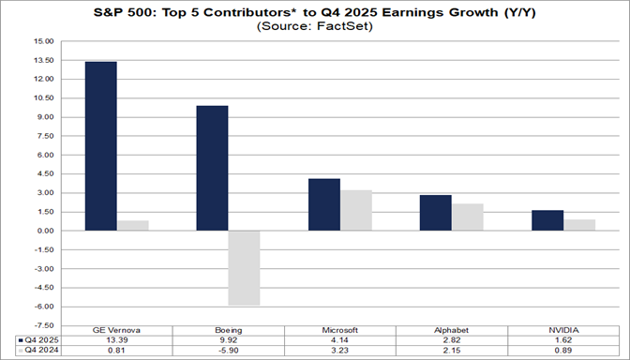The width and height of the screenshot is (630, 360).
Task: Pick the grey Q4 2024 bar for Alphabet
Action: click(468, 217)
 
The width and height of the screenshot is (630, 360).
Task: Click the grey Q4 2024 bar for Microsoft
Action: click(356, 210)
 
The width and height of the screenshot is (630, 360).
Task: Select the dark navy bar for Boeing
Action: click(212, 168)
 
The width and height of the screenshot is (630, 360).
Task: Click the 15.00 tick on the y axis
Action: click(42, 41)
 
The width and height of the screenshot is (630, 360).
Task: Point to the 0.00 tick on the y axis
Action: click(44, 231)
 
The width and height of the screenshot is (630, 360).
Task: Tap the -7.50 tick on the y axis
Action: click(42, 325)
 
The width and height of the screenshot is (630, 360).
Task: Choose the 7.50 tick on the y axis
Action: click(44, 136)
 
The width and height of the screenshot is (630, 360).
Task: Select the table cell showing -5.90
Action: click(228, 351)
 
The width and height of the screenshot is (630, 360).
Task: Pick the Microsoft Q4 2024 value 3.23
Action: click(340, 351)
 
